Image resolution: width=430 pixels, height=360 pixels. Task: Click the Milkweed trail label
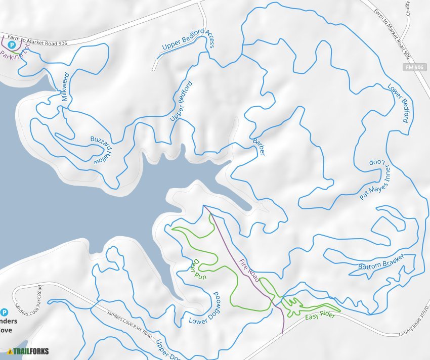click(x=65, y=87)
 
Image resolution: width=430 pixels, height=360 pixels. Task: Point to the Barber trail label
click(x=258, y=146)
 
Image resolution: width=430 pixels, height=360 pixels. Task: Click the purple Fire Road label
click(x=249, y=271)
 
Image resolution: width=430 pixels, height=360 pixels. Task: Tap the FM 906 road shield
click(x=415, y=67)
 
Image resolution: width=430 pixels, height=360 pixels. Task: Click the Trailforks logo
click(x=27, y=351)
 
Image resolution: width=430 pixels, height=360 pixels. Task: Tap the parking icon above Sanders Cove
click(x=5, y=312)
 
